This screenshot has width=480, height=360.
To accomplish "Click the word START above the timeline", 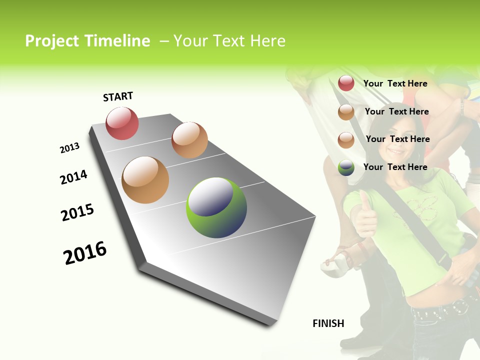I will click(118, 96).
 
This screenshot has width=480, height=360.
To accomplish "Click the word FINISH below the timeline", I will click(328, 323).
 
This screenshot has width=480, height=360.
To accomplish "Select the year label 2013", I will click(69, 148).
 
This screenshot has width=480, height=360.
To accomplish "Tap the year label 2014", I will click(73, 177).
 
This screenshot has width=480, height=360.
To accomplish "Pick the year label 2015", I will click(77, 212).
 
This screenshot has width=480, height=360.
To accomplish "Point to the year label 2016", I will click(85, 253).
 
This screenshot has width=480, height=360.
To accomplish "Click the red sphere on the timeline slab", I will click(122, 123).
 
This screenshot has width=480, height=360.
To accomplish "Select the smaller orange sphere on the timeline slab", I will click(189, 140).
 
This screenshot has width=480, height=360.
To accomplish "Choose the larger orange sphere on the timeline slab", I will click(145, 180).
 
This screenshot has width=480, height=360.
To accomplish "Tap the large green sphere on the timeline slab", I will click(216, 207).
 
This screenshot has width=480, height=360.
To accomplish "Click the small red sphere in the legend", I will click(346, 83).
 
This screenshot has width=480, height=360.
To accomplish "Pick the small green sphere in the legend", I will click(346, 167).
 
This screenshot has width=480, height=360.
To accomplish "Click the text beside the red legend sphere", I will click(395, 83).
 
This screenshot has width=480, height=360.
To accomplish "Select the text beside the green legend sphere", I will click(395, 167).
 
